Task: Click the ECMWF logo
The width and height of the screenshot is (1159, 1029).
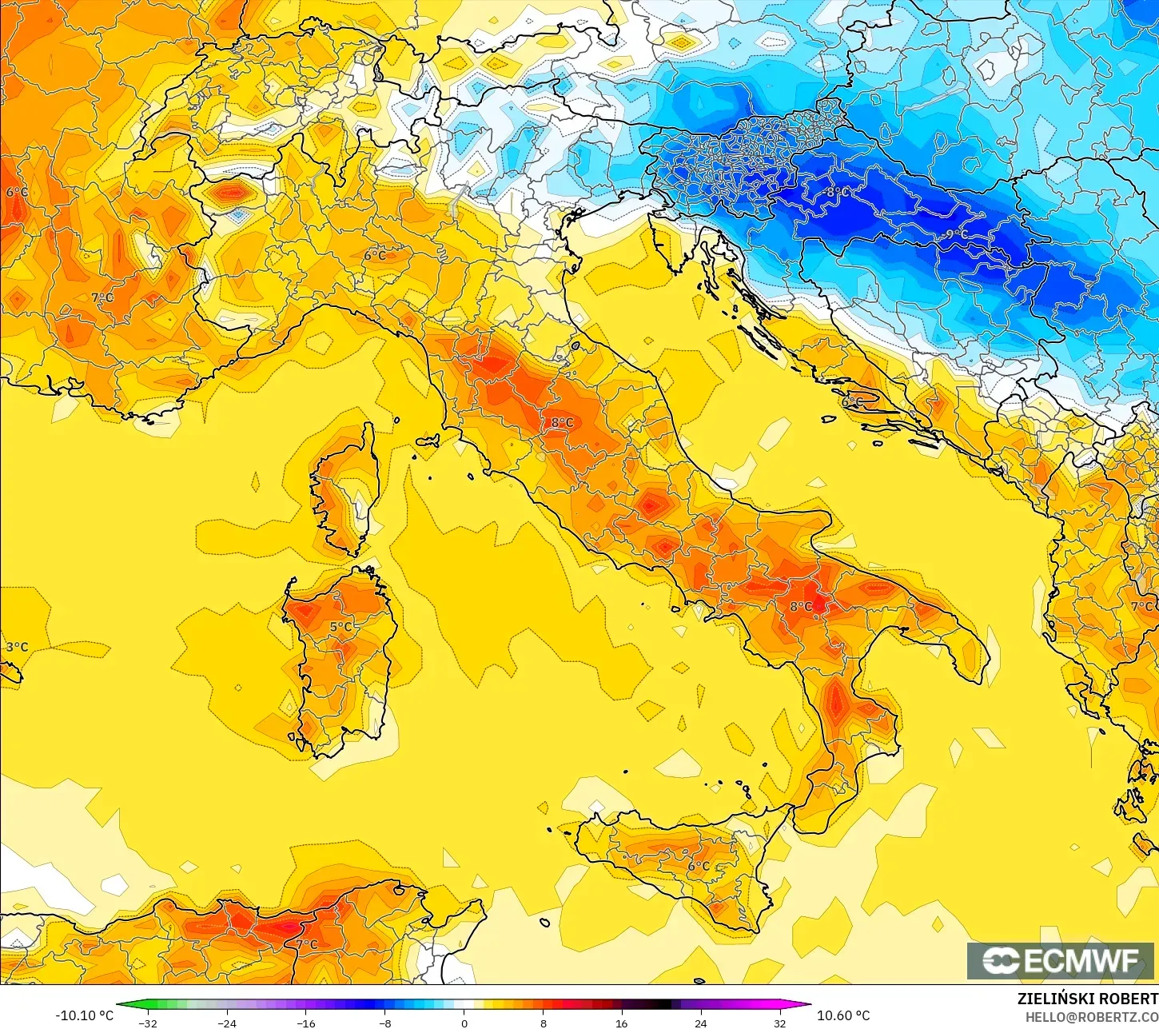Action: pyautogui.click(x=1061, y=961)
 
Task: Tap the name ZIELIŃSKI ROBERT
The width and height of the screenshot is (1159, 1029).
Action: pyautogui.click(x=1087, y=999)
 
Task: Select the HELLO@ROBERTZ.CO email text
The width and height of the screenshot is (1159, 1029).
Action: pyautogui.click(x=1092, y=1017)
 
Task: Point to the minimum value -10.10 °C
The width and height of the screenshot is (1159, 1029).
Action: pyautogui.click(x=84, y=1015)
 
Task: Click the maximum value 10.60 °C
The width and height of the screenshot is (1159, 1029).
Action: pyautogui.click(x=843, y=1015)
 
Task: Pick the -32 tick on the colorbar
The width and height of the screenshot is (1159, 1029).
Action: pyautogui.click(x=148, y=1023)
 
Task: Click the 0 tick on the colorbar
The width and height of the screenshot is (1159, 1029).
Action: pyautogui.click(x=464, y=1023)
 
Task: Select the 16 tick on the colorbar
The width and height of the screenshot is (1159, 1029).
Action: pyautogui.click(x=621, y=1023)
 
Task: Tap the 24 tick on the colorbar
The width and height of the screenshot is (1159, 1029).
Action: pyautogui.click(x=700, y=1023)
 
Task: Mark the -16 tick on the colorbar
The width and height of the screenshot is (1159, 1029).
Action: pyautogui.click(x=305, y=1023)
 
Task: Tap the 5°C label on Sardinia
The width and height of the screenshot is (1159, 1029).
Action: pyautogui.click(x=341, y=627)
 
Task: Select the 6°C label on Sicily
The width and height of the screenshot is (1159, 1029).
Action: pyautogui.click(x=699, y=866)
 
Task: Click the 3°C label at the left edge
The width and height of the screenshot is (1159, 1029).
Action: pyautogui.click(x=17, y=647)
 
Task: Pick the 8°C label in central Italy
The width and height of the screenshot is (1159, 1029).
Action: pyautogui.click(x=562, y=423)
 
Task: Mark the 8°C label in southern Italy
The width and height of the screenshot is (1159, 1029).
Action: pyautogui.click(x=801, y=607)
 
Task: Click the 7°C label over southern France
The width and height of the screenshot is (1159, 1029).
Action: pyautogui.click(x=102, y=297)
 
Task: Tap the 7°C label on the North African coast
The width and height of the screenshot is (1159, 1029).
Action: pyautogui.click(x=307, y=944)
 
